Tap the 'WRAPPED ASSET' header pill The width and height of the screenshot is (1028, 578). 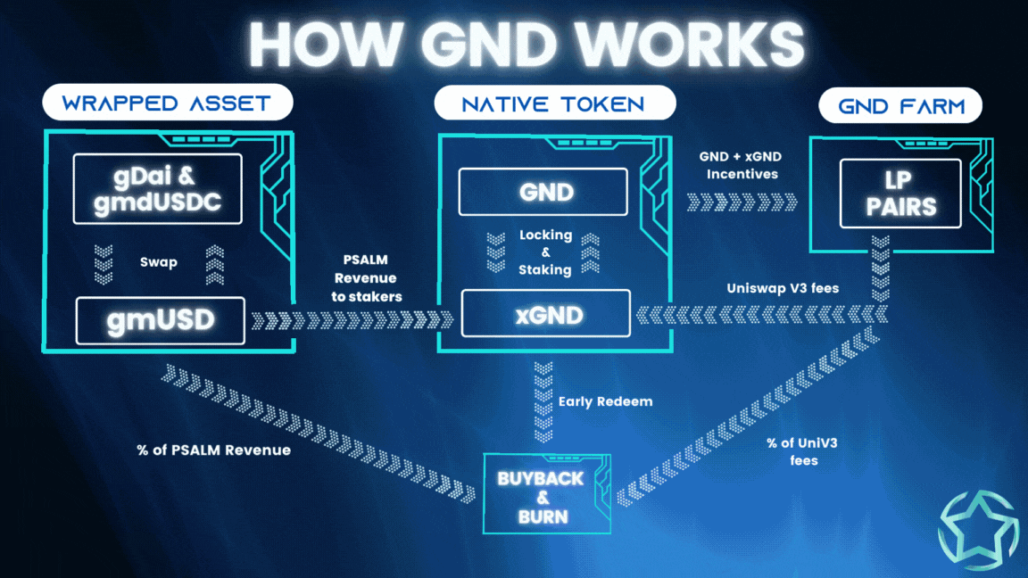[x=167, y=103]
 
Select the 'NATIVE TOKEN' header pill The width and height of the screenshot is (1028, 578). [x=553, y=103]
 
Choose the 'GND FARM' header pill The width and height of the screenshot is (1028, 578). [x=900, y=107]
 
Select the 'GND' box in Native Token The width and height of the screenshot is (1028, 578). [x=543, y=191]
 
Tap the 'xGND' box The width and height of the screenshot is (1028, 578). [x=545, y=313]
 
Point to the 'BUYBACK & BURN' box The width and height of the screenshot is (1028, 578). [x=542, y=497]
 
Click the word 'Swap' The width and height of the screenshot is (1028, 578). [x=158, y=262]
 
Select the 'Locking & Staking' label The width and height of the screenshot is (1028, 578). [x=545, y=252]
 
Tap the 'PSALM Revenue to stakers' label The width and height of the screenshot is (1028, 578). [x=367, y=278]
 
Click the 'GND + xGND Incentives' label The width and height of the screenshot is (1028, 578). [x=742, y=165]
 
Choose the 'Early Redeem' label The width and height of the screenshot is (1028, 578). [x=605, y=401]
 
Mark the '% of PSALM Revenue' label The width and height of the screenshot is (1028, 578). [x=214, y=450]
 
